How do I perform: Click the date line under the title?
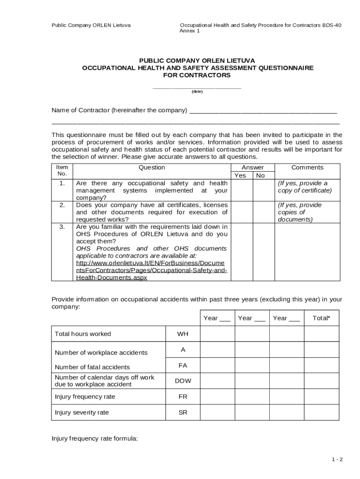(197, 87)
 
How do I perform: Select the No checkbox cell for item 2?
(264, 212)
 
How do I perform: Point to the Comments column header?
(307, 167)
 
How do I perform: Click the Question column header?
(151, 167)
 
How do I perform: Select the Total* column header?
(321, 318)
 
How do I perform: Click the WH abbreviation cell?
(183, 334)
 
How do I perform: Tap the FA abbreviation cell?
(183, 365)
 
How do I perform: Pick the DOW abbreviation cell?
(183, 381)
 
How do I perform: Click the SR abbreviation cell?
(183, 413)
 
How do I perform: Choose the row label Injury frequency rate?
(85, 397)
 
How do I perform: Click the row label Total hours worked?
(83, 334)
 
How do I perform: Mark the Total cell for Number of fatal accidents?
(321, 365)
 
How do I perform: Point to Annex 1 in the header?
(189, 31)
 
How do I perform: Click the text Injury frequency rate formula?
(94, 438)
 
